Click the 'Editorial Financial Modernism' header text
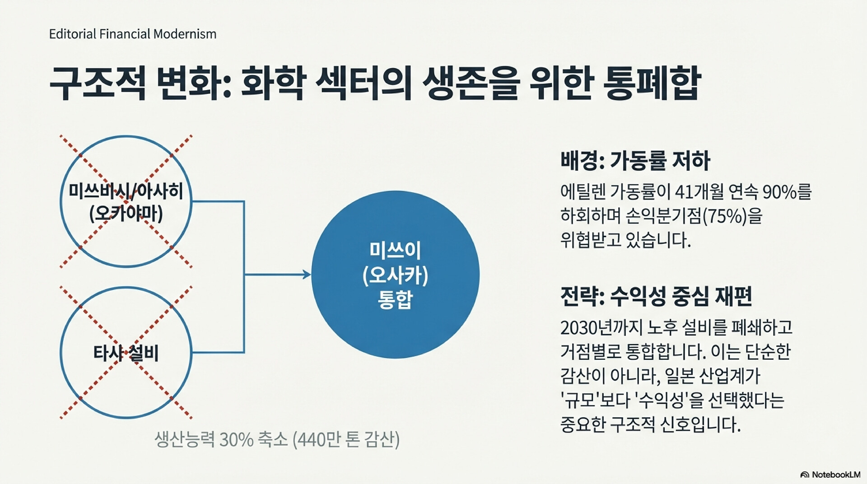click(133, 34)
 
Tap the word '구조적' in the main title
click(98, 83)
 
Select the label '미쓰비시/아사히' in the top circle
click(126, 191)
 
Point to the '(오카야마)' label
click(126, 214)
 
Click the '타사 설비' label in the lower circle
click(126, 353)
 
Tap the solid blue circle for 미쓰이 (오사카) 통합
click(395, 275)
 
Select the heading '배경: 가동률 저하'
click(635, 161)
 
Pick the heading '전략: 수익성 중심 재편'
click(656, 297)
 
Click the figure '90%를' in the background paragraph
click(787, 192)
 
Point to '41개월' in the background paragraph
click(699, 192)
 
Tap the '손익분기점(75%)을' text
click(694, 216)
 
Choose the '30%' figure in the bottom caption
click(236, 439)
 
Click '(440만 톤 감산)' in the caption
click(346, 439)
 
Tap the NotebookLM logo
click(830, 475)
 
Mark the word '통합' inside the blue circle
click(395, 299)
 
